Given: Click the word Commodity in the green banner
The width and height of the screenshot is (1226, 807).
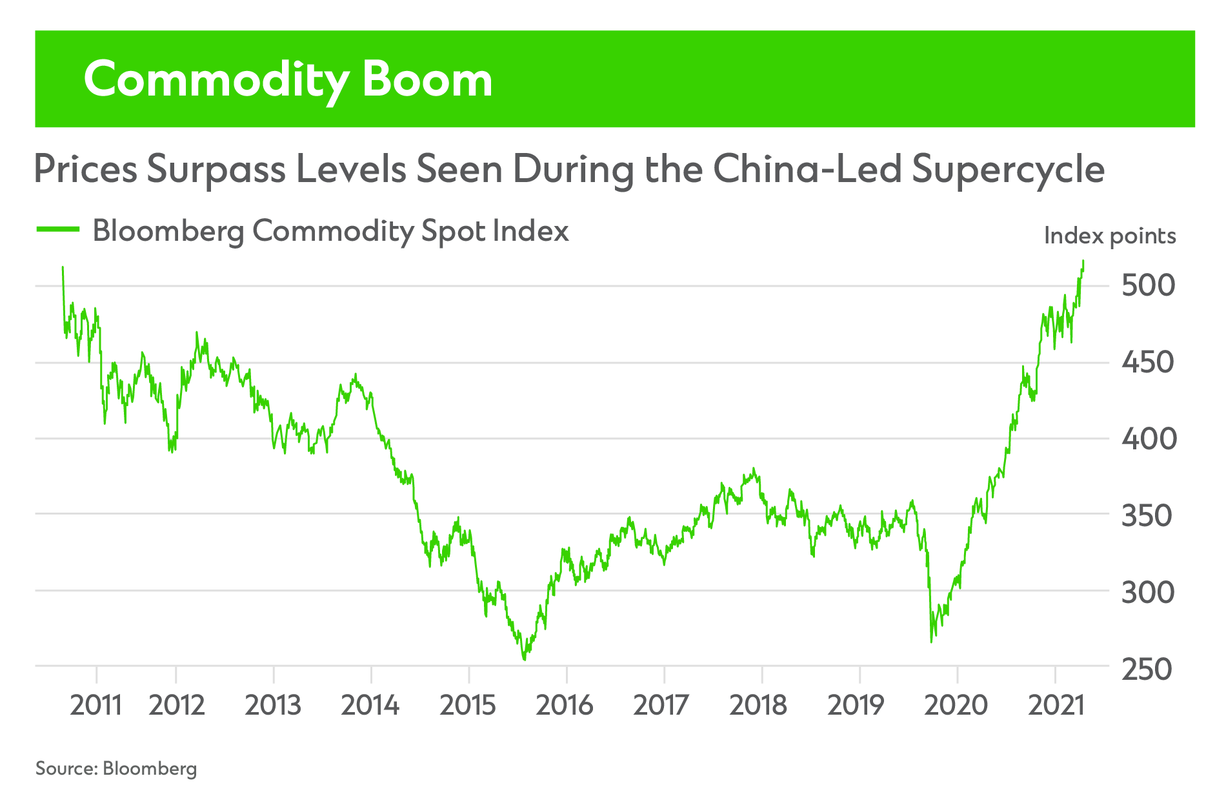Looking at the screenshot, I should point(216,80).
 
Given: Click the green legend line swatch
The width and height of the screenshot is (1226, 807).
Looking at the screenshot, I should point(58,229).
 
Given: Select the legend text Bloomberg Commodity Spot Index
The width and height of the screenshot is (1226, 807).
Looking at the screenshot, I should point(330,231).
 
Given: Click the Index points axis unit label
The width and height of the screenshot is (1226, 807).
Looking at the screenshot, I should point(1109,236).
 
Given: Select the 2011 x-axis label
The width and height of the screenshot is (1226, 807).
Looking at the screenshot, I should point(95,705).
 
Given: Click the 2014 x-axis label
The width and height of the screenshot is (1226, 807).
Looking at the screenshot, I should point(370,705).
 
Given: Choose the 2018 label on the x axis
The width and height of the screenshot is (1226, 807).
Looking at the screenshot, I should point(758,705).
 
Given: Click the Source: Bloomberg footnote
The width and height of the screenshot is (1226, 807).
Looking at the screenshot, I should point(116,768).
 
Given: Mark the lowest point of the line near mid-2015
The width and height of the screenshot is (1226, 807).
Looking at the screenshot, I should point(525,659).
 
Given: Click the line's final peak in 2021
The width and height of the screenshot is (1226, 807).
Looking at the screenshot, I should point(1083,261).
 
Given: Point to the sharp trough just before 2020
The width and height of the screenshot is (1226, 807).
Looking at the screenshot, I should point(931,641).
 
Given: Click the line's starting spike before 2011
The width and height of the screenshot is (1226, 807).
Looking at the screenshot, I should point(63,267).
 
